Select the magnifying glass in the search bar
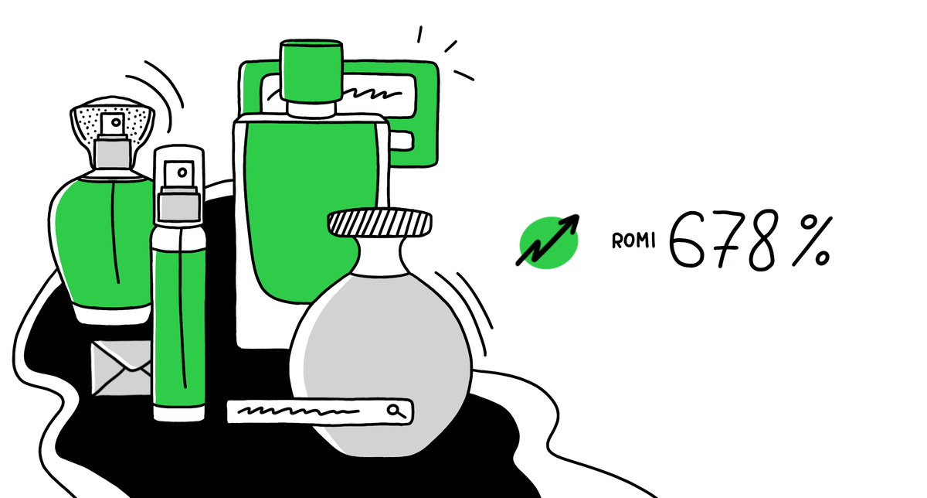(x=396, y=411)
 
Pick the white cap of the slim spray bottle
(x=179, y=170)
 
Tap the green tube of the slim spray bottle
(x=179, y=325)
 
